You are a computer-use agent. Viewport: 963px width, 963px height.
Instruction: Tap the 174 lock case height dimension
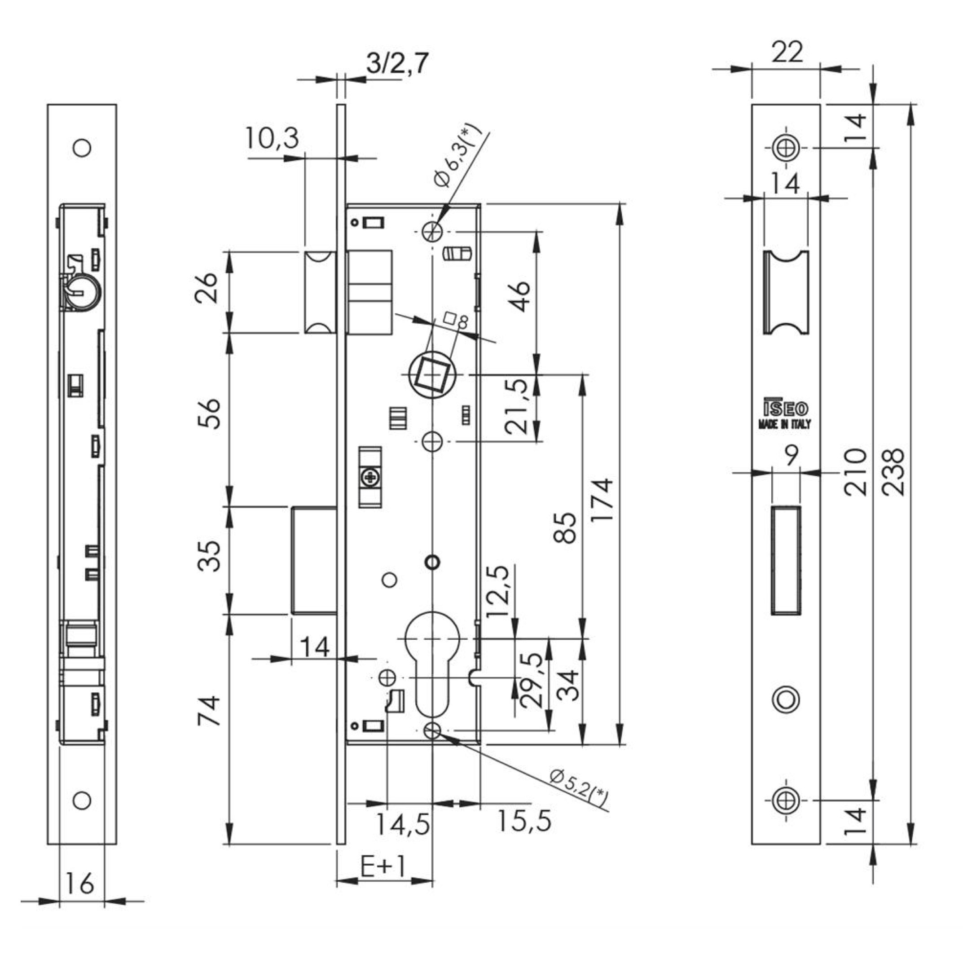click(x=602, y=499)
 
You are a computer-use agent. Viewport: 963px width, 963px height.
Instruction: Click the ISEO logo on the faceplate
click(x=785, y=410)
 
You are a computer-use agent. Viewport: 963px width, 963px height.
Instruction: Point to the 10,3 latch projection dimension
click(x=272, y=139)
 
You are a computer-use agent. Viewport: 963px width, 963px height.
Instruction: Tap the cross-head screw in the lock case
click(x=370, y=479)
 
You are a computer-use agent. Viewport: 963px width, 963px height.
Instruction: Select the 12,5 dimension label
click(x=498, y=592)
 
